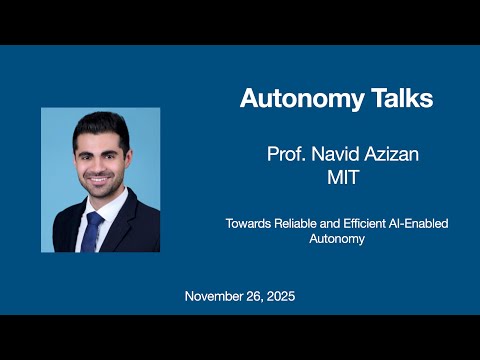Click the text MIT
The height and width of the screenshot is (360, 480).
click(336, 177)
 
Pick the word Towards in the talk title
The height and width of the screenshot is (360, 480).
click(247, 224)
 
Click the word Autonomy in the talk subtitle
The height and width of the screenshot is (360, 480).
click(335, 240)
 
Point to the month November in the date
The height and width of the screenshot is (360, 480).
click(216, 297)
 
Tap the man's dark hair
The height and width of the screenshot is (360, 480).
click(101, 125)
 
